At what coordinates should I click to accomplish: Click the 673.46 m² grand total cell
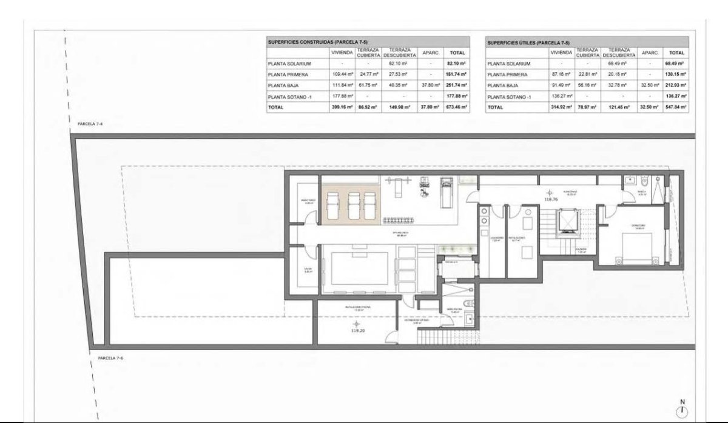[x=457, y=107]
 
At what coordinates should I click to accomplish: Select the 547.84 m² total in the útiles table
[x=676, y=107]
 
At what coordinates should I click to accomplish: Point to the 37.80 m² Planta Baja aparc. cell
[x=430, y=85]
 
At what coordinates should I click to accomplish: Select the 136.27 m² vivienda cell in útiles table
[x=561, y=96]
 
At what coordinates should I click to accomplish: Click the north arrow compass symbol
[x=682, y=410]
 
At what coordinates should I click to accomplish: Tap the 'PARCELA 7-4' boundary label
[x=90, y=123]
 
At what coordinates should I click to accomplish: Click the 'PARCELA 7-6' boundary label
[x=110, y=358]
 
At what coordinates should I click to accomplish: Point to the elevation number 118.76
[x=551, y=198]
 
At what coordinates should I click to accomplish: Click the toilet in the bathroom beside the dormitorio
[x=647, y=179]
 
